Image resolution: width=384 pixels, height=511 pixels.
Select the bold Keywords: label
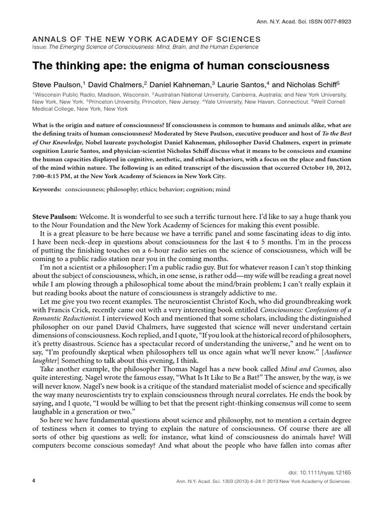click(x=48, y=190)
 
